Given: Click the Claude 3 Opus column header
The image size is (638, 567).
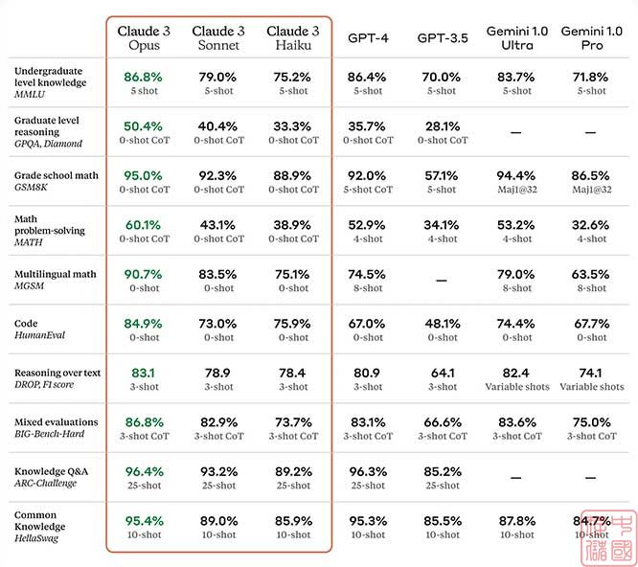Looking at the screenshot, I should (x=144, y=38).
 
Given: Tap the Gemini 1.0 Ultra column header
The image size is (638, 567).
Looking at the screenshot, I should (x=517, y=38).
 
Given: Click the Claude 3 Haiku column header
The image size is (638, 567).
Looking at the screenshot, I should (x=293, y=38).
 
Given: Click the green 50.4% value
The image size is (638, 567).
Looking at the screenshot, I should (x=144, y=125).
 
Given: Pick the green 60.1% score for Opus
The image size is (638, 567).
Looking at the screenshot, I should (x=144, y=224).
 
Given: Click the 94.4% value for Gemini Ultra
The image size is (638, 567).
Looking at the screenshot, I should (x=517, y=175).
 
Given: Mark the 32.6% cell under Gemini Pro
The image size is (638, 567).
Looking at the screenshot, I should (x=591, y=224).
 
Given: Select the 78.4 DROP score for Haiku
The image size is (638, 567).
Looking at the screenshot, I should (x=293, y=373).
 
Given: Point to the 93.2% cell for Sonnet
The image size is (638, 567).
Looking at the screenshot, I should (x=218, y=471).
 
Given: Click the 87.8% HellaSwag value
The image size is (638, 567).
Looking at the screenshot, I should (x=517, y=520).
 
